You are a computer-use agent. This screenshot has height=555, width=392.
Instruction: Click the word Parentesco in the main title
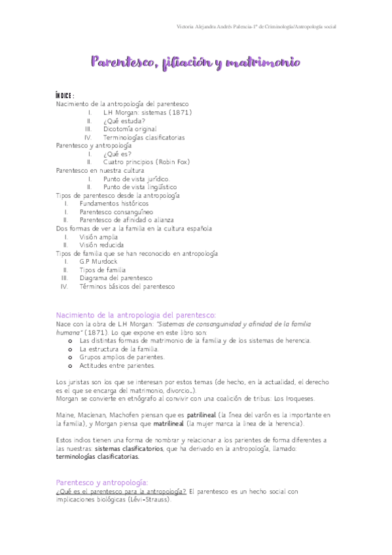point(124,63)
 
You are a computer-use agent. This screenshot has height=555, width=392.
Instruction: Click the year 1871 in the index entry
point(178,113)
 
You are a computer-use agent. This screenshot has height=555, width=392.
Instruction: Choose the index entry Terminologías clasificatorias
point(144,138)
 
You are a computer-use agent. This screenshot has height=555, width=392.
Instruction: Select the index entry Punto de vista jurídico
point(136,179)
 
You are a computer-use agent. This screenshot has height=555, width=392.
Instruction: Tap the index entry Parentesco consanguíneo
point(116,212)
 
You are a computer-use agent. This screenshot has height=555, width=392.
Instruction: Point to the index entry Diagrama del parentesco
point(115,277)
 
